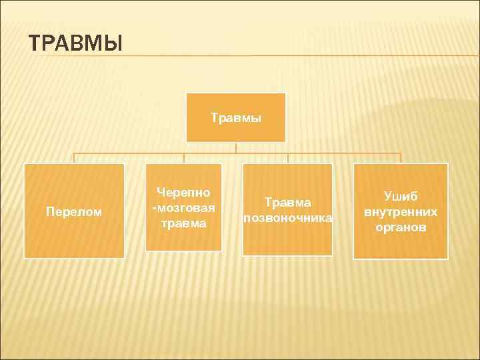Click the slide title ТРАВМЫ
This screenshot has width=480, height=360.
point(77,44)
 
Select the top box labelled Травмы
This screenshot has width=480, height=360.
point(236,117)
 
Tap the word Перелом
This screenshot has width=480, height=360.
point(74,212)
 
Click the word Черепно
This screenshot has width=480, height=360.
point(183,193)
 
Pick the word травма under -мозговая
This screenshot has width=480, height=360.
point(183,223)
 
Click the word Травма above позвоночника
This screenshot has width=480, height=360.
point(288,201)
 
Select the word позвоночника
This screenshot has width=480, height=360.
point(288,217)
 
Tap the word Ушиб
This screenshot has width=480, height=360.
point(401,197)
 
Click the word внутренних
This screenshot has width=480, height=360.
point(401,212)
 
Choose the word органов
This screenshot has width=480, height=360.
point(401,227)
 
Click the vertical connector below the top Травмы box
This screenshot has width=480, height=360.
point(236,148)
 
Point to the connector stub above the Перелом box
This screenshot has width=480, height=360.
point(74,159)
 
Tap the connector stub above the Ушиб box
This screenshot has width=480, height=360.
point(401,159)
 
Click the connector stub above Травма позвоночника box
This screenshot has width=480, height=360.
point(288,159)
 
